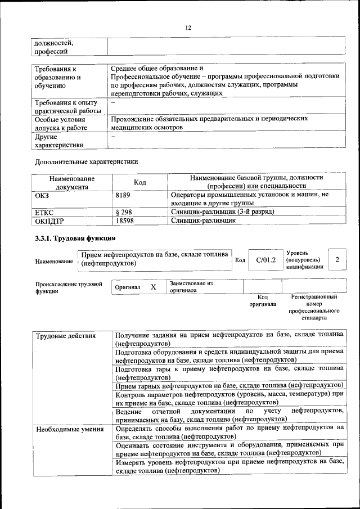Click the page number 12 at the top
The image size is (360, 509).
point(188,28)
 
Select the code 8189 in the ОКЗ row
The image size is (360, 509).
point(123,195)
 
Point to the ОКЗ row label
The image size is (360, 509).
point(43,195)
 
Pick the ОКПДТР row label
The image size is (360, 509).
point(48,221)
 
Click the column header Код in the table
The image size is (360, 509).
point(139,182)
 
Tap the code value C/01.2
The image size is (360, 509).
point(265,260)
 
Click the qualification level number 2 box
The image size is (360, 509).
point(336,259)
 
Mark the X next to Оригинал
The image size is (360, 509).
point(153,287)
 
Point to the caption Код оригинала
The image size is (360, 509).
point(263,300)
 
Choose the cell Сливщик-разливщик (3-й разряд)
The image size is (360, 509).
point(222,212)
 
